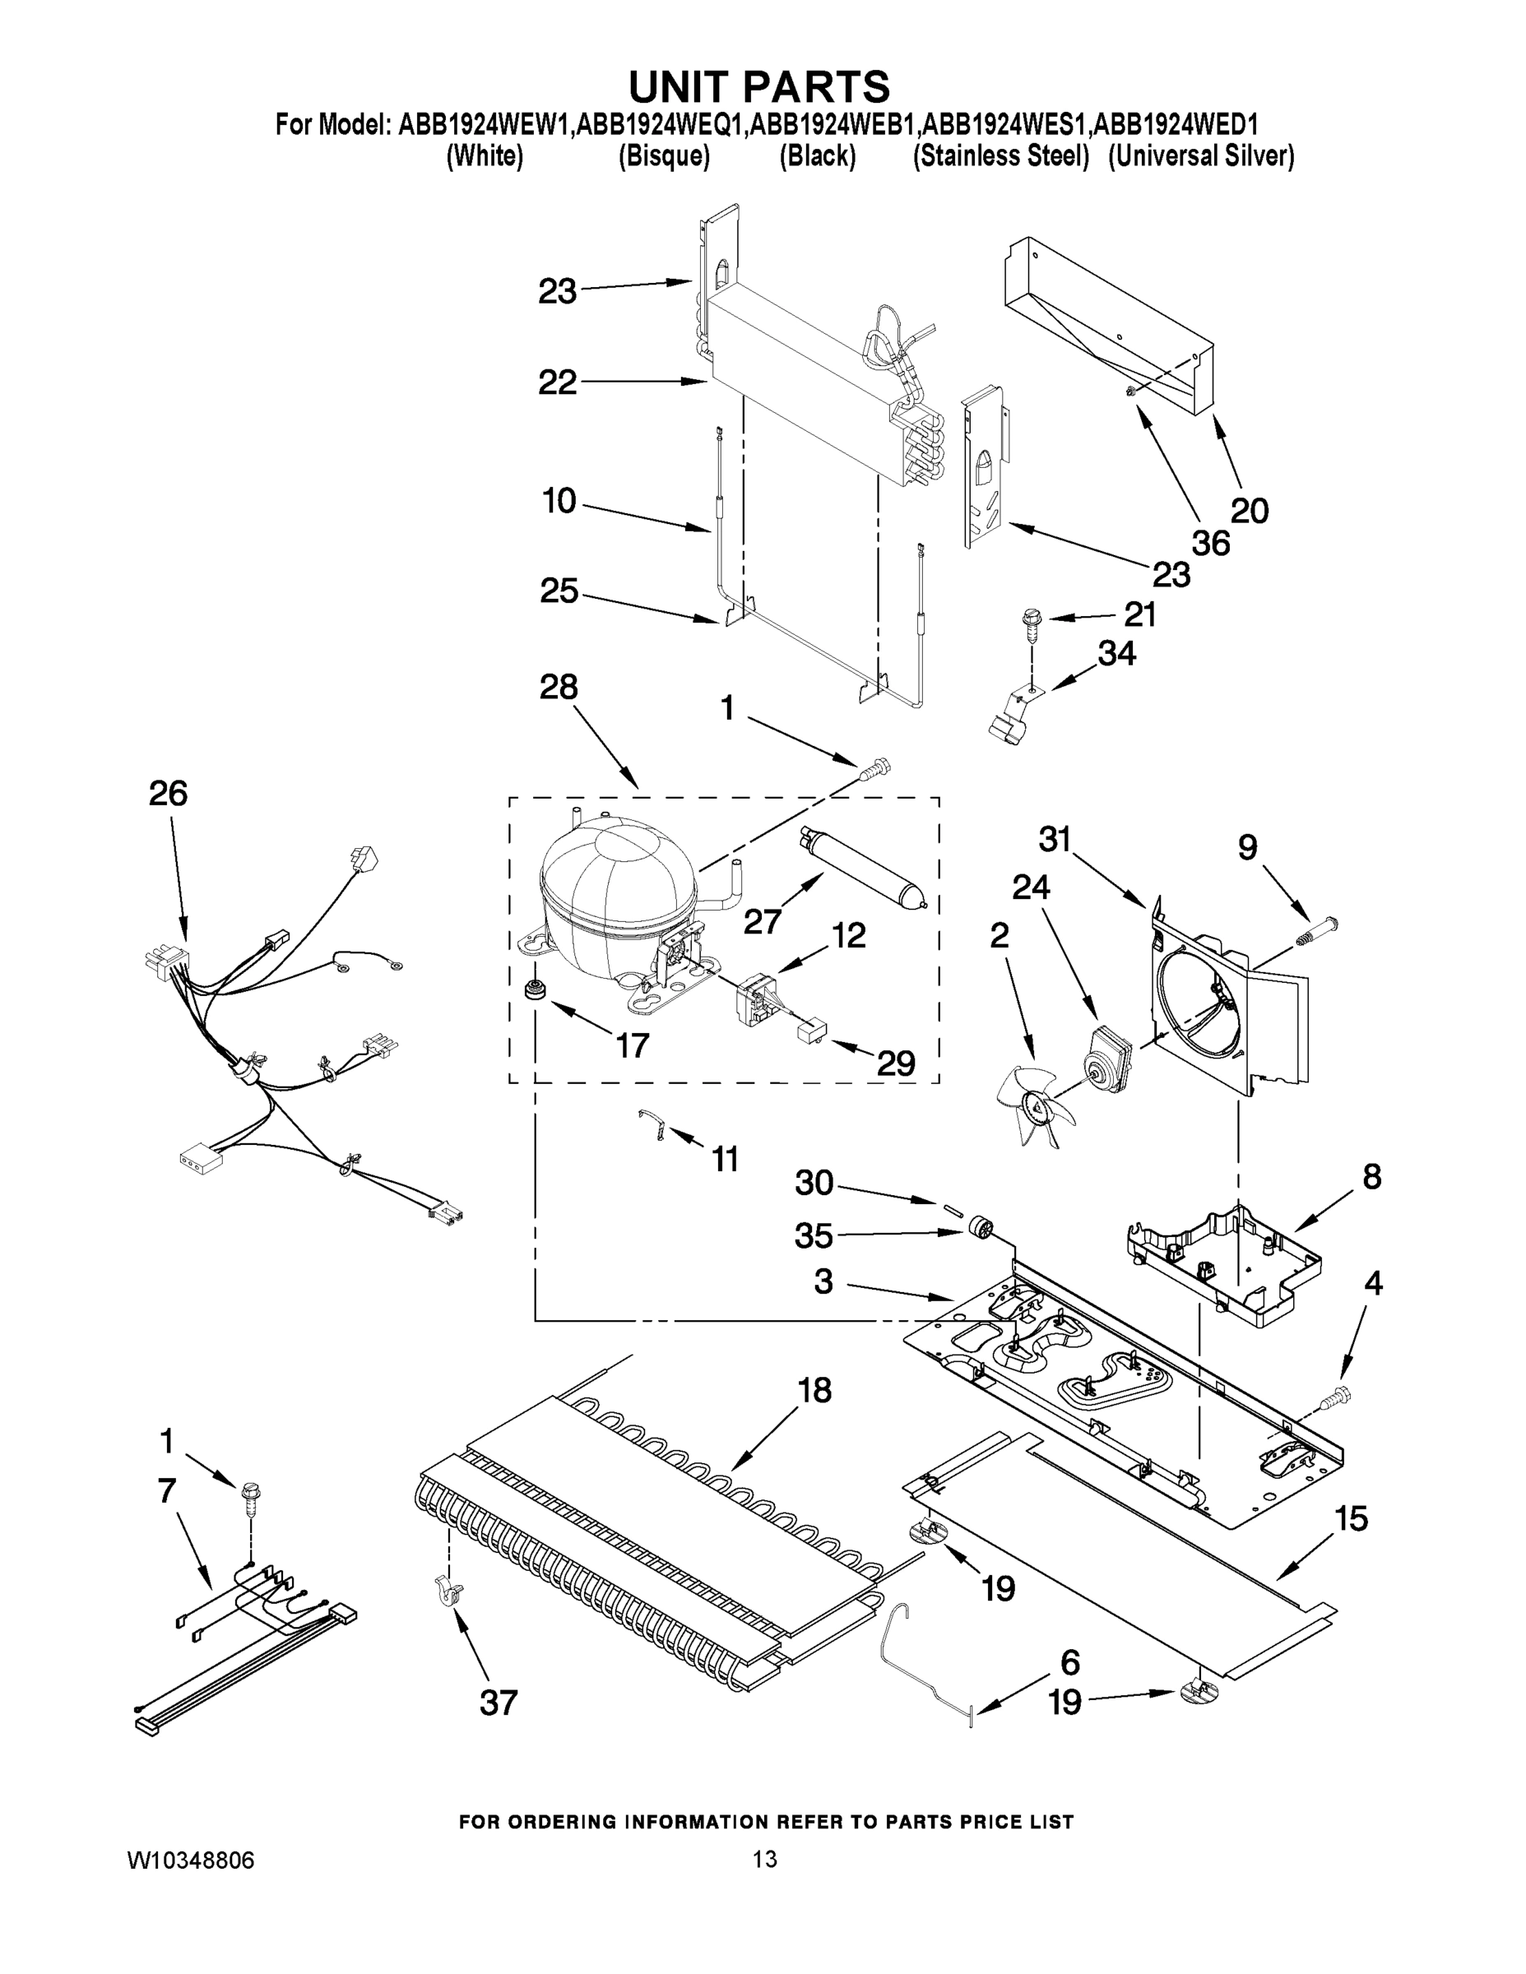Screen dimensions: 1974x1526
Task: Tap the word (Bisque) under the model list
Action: click(x=664, y=156)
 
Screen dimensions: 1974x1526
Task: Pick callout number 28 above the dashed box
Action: click(x=558, y=687)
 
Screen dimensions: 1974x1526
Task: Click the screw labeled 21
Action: click(x=1031, y=621)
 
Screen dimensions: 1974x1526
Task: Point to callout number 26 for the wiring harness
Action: click(x=168, y=794)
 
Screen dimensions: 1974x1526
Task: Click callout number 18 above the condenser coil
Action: click(x=814, y=1389)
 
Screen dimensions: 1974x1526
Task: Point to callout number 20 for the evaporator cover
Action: click(x=1250, y=511)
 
